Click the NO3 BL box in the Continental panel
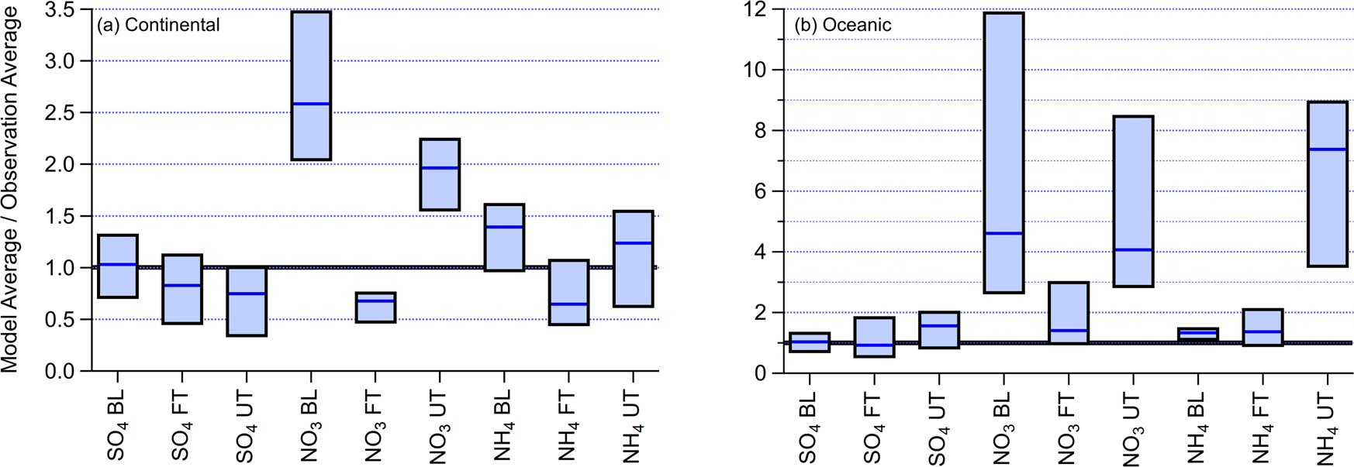click(x=311, y=85)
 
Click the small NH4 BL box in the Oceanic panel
click(x=1197, y=334)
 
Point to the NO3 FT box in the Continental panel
click(x=375, y=307)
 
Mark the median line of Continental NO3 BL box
click(x=311, y=104)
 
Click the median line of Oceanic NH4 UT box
click(x=1327, y=149)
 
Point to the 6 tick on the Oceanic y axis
click(x=763, y=191)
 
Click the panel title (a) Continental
click(x=158, y=25)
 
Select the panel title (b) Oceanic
click(x=842, y=25)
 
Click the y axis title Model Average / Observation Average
click(x=10, y=190)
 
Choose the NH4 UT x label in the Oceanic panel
click(x=1327, y=428)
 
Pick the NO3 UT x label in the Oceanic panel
click(x=1133, y=428)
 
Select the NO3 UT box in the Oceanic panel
click(x=1133, y=201)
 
